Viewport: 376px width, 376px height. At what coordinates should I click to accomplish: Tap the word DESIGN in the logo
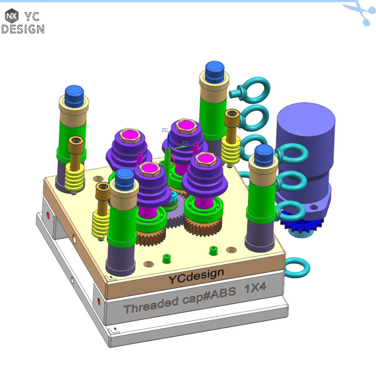[x=23, y=29]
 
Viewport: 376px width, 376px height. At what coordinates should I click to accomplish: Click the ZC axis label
[x=165, y=130]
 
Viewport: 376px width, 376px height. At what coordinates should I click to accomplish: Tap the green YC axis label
[x=186, y=142]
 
